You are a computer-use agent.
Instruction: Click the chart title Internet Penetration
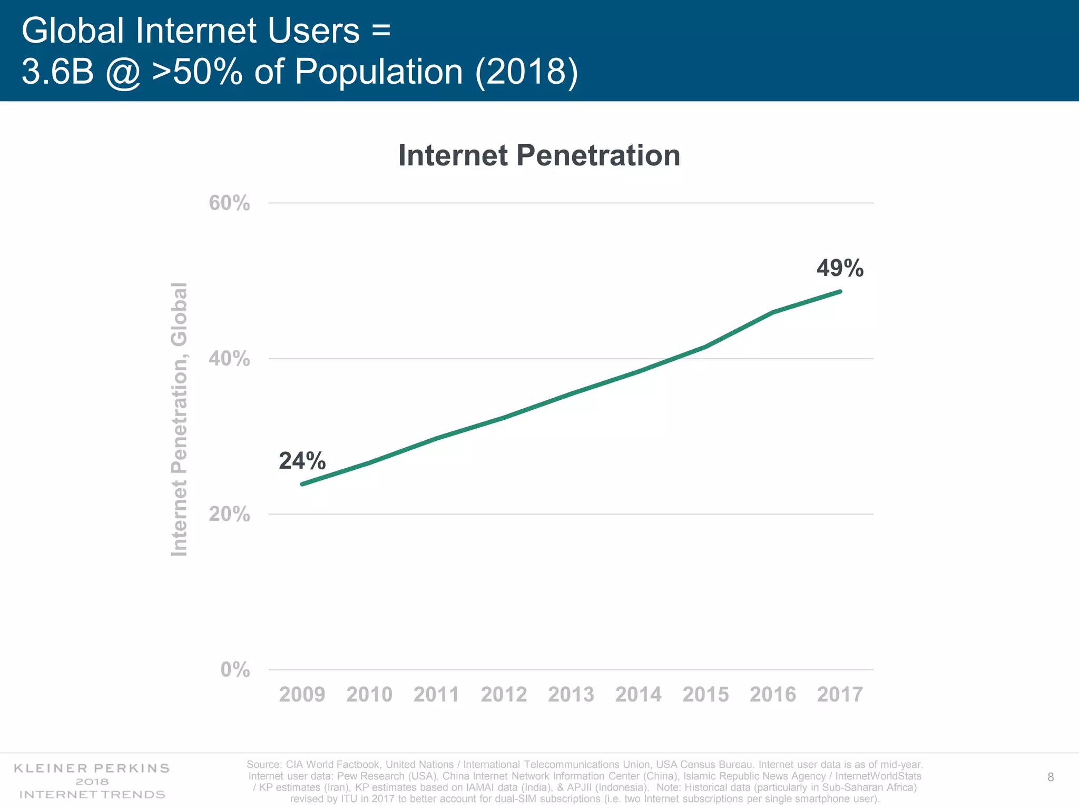(x=539, y=155)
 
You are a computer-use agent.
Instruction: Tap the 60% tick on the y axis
(x=229, y=203)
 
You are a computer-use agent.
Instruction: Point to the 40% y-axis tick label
(x=229, y=359)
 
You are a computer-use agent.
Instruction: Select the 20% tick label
(x=229, y=514)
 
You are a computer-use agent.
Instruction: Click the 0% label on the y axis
(x=235, y=670)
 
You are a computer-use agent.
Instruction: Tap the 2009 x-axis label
(x=302, y=695)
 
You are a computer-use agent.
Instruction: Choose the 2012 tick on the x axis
(x=504, y=695)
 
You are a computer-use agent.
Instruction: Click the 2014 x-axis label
(x=638, y=695)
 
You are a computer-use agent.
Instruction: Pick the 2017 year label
(x=840, y=695)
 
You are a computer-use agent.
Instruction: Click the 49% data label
(x=840, y=269)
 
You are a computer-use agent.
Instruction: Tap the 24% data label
(x=302, y=461)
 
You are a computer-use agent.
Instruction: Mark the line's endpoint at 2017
(x=840, y=291)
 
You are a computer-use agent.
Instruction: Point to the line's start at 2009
(x=302, y=484)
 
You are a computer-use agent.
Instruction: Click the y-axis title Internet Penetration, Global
(x=180, y=419)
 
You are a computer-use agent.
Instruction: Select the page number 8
(x=1050, y=777)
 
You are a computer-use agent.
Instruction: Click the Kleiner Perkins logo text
(x=92, y=768)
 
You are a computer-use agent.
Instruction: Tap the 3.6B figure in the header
(x=57, y=72)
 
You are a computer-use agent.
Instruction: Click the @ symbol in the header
(x=123, y=73)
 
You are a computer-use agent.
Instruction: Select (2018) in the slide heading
(x=526, y=72)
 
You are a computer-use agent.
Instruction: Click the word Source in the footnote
(x=263, y=764)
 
